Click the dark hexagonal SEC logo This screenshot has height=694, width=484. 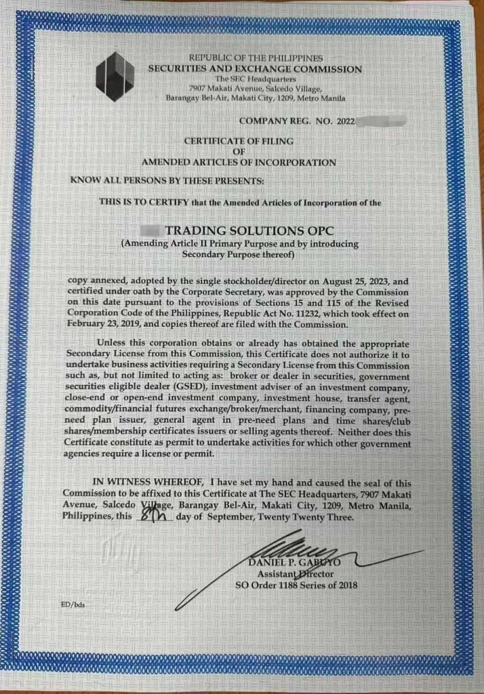click(x=115, y=75)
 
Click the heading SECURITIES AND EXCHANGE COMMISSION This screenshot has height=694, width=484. click(x=256, y=69)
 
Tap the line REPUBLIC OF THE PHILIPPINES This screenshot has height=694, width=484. click(x=256, y=59)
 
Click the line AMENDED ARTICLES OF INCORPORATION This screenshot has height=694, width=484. click(x=238, y=163)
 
